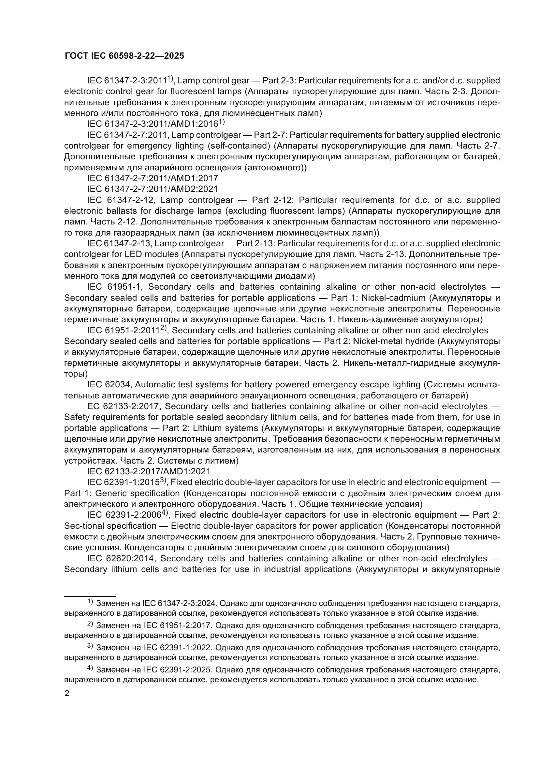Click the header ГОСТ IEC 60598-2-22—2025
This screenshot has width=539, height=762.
[x=124, y=56]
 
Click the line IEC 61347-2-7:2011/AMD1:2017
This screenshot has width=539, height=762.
[x=153, y=179]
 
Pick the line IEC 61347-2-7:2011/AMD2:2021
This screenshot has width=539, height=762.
[x=153, y=189]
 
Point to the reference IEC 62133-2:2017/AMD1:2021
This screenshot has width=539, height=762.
[x=149, y=472]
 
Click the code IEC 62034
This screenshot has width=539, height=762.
[x=110, y=385]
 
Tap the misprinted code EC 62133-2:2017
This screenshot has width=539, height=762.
[x=124, y=407]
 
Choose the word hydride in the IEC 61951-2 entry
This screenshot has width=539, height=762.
[x=420, y=341]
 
